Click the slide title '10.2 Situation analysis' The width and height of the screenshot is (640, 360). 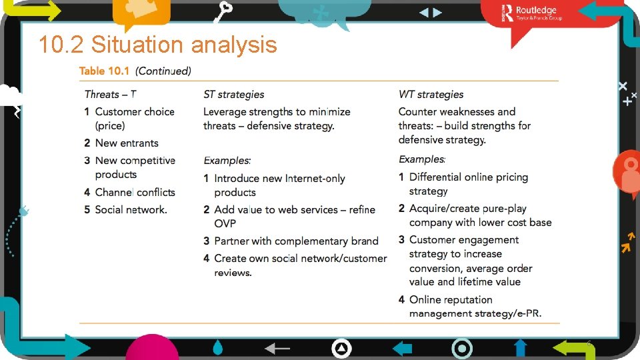coord(157,45)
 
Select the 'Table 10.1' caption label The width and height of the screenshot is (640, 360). coord(105,71)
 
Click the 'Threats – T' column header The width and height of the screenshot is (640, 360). coord(111,95)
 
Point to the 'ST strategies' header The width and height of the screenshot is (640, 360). coord(233,95)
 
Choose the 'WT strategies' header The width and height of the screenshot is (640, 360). coord(431,95)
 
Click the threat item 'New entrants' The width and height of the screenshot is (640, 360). coord(126,143)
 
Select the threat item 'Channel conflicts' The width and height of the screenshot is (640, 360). coord(135,192)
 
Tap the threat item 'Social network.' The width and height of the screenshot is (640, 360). coord(131,209)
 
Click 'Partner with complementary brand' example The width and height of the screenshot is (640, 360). coord(296,241)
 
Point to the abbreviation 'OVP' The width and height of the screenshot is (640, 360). coord(225,223)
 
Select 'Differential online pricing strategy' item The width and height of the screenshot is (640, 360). coord(468,184)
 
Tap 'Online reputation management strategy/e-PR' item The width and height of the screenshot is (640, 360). coord(475,307)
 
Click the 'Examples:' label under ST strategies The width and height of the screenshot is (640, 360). coord(227,161)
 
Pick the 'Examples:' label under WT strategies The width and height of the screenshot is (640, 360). coord(422,159)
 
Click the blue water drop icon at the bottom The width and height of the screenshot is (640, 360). coord(218,347)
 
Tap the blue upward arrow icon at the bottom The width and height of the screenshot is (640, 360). coord(521,347)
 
